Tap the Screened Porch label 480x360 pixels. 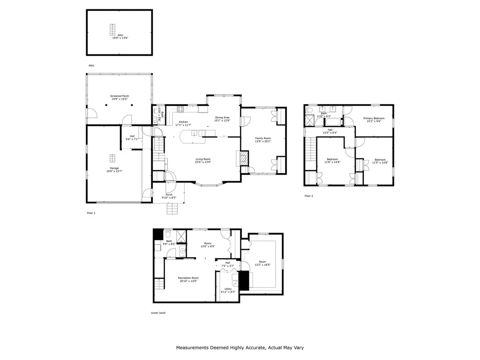(120, 96)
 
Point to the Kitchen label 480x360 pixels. (183, 122)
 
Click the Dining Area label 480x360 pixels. (222, 117)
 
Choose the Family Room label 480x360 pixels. (262, 138)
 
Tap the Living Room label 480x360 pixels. (203, 159)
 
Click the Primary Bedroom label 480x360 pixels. (374, 118)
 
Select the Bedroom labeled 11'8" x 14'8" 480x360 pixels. (333, 159)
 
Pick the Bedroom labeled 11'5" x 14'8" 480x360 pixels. (380, 159)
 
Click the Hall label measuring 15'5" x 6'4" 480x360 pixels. (330, 130)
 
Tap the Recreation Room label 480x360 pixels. (188, 278)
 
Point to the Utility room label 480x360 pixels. (228, 289)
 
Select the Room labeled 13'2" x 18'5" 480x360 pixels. (262, 262)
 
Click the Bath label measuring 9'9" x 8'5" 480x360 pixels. (169, 241)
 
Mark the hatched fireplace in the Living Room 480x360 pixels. (243, 158)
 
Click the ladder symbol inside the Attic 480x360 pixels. (112, 30)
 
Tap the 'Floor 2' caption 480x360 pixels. (308, 195)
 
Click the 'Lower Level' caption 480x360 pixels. (158, 313)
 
